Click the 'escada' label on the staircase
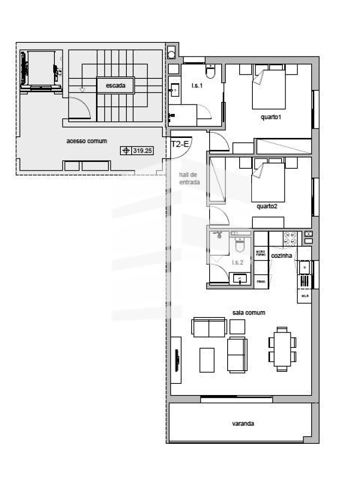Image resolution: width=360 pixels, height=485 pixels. point(116,86)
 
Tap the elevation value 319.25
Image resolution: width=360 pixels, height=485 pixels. point(143,151)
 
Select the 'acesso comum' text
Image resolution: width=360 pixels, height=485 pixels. point(86,141)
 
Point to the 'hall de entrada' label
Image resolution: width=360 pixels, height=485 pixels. point(189,178)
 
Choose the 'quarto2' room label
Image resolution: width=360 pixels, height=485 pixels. point(267,207)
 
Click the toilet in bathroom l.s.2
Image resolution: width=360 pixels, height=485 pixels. point(240,244)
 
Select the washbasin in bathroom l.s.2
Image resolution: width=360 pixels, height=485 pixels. point(240,278)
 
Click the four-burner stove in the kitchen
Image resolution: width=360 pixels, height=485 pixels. point(290,239)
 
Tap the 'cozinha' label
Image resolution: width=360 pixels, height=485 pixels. point(281,255)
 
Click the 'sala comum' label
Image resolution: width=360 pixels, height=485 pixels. point(249,313)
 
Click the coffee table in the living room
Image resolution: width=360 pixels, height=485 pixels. point(207,360)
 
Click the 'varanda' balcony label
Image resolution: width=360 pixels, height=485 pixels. point(243,424)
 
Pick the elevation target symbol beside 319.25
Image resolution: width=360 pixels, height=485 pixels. point(126,151)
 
